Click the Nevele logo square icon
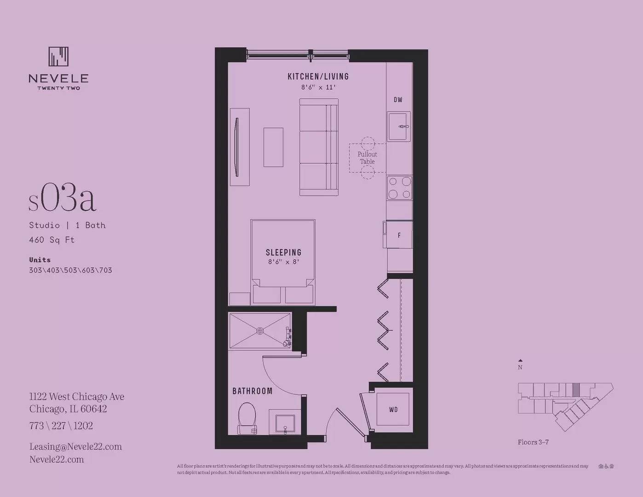pyautogui.click(x=58, y=57)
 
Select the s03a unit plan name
pyautogui.click(x=63, y=199)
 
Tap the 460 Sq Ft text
pyautogui.click(x=52, y=240)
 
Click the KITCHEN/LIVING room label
pyautogui.click(x=318, y=76)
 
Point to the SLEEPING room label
pyautogui.click(x=283, y=252)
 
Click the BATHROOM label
pyautogui.click(x=252, y=391)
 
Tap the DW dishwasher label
pyautogui.click(x=398, y=99)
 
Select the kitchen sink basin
pyautogui.click(x=398, y=127)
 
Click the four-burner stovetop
pyautogui.click(x=399, y=188)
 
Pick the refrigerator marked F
pyautogui.click(x=399, y=235)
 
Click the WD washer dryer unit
pyautogui.click(x=393, y=409)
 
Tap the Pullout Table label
pyautogui.click(x=367, y=158)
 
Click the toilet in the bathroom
pyautogui.click(x=247, y=417)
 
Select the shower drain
pyautogui.click(x=260, y=330)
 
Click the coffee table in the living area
pyautogui.click(x=273, y=147)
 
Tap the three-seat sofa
pyautogui.click(x=319, y=147)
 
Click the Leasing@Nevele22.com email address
pyautogui.click(x=75, y=446)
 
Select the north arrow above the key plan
pyautogui.click(x=520, y=361)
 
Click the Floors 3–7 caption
pyautogui.click(x=533, y=442)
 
